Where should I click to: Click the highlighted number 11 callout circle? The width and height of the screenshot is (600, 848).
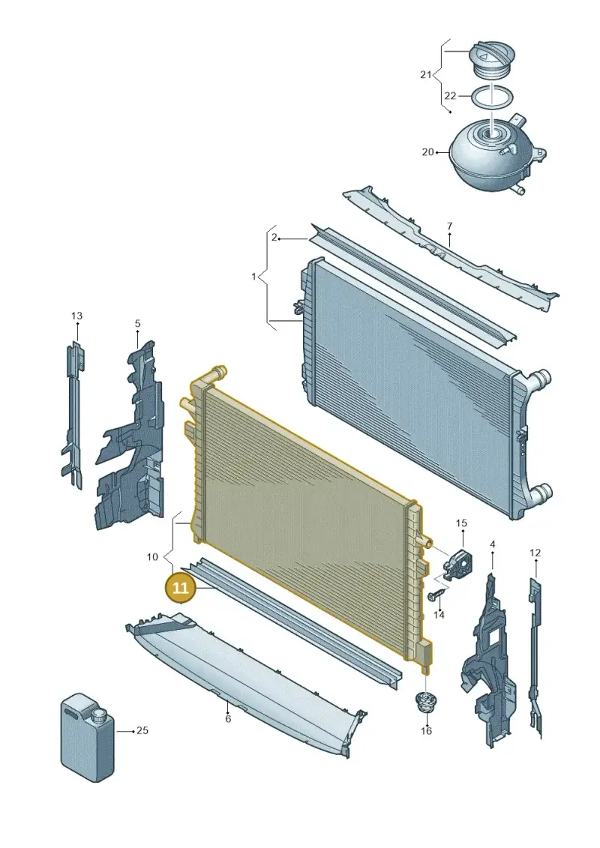click(180, 587)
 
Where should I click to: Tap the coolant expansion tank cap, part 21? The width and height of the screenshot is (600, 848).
click(491, 59)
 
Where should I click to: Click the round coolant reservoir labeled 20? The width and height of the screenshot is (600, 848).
click(496, 154)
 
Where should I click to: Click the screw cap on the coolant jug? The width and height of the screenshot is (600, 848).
click(99, 717)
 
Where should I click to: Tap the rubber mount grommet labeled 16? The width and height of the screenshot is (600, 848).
click(425, 702)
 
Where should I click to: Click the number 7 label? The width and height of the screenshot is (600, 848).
click(449, 226)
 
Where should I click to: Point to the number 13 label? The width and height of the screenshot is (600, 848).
click(76, 316)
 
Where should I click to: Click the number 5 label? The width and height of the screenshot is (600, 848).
click(137, 323)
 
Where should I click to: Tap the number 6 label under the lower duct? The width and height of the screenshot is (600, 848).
click(228, 719)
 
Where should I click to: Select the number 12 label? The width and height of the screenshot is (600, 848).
click(535, 553)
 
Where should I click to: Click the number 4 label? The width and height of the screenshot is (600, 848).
click(492, 544)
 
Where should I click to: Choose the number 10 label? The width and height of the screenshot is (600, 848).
click(152, 556)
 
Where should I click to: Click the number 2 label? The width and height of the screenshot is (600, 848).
click(274, 238)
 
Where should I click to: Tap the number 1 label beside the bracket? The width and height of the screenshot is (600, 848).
click(253, 277)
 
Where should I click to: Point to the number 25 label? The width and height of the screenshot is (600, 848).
click(142, 730)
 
